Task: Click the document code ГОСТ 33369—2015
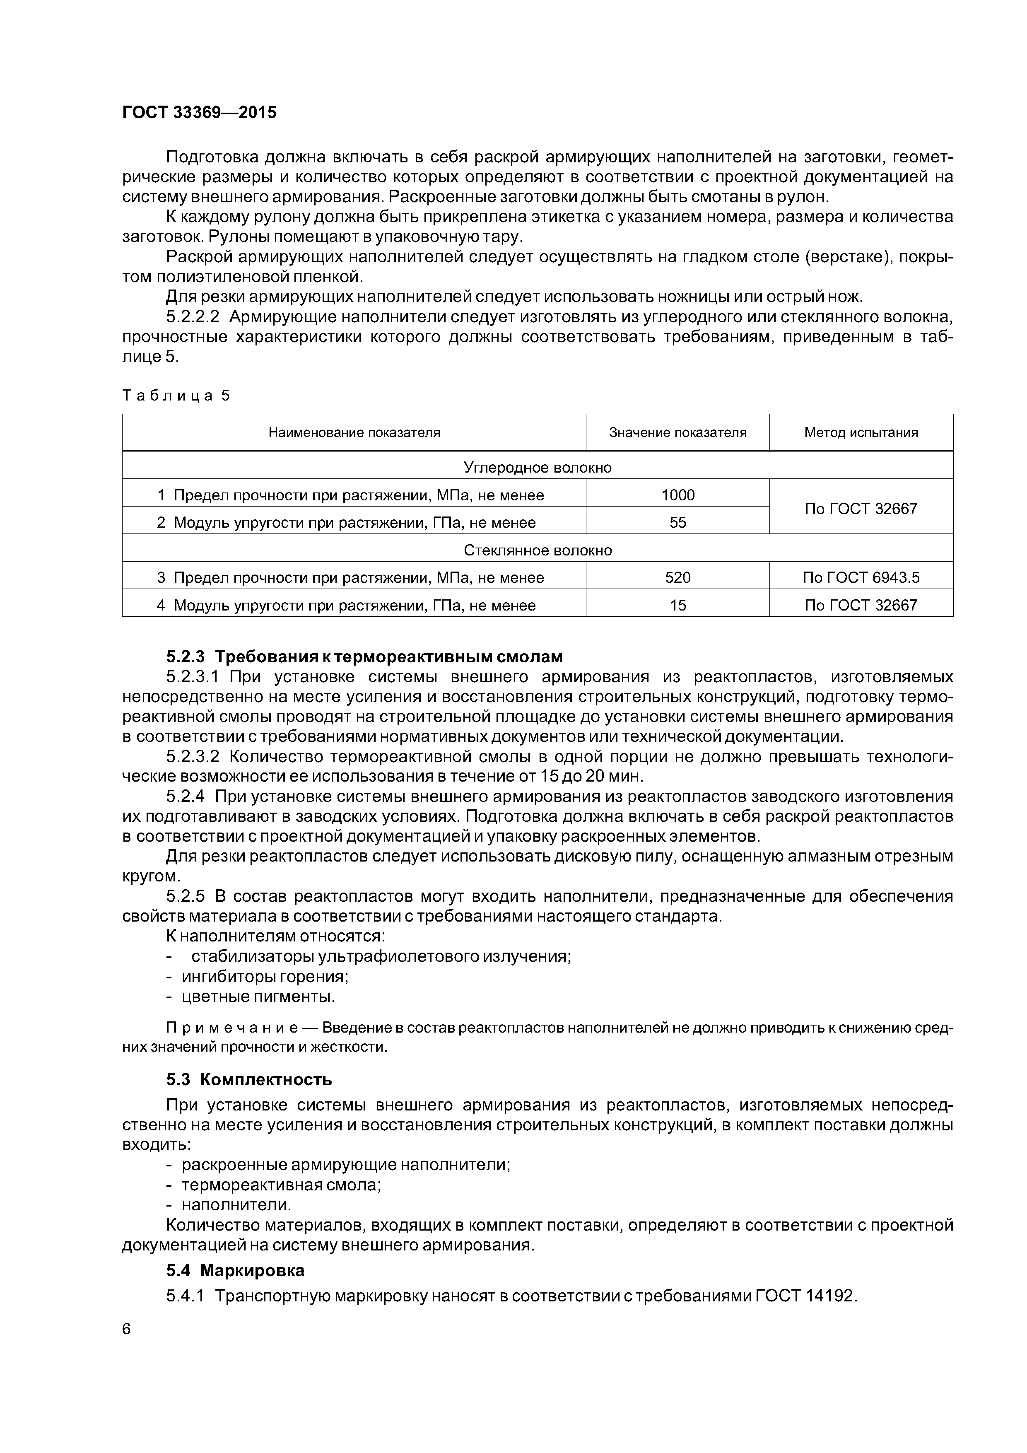pyautogui.click(x=199, y=113)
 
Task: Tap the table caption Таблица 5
pyautogui.click(x=176, y=396)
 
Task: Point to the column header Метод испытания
pyautogui.click(x=861, y=432)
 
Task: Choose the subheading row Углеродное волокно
pyautogui.click(x=537, y=468)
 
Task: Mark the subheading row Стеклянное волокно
pyautogui.click(x=537, y=550)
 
